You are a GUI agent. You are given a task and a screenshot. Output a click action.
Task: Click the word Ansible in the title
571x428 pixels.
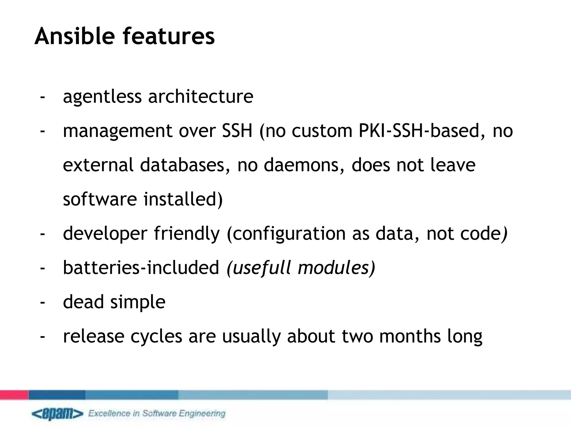coord(74,36)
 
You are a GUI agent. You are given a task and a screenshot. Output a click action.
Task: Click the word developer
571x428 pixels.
coord(105,234)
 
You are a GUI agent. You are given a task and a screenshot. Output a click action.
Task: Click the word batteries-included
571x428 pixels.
coord(141,267)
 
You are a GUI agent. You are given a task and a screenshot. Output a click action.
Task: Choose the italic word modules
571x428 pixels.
coord(333,267)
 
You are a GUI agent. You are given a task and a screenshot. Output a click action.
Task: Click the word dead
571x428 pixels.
coord(83,302)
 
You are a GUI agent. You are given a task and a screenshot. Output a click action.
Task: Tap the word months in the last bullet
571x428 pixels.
coord(410,336)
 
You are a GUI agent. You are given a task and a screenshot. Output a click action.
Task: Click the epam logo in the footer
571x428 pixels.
coord(57,414)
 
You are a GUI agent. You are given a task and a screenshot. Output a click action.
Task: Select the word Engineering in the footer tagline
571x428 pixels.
coord(202,413)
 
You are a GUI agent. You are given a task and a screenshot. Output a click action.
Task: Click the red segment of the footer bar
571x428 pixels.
coord(14,395)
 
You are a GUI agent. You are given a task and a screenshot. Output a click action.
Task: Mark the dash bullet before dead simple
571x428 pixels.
coord(42,302)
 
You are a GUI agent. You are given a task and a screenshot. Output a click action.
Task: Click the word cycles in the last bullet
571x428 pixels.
coord(156,337)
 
